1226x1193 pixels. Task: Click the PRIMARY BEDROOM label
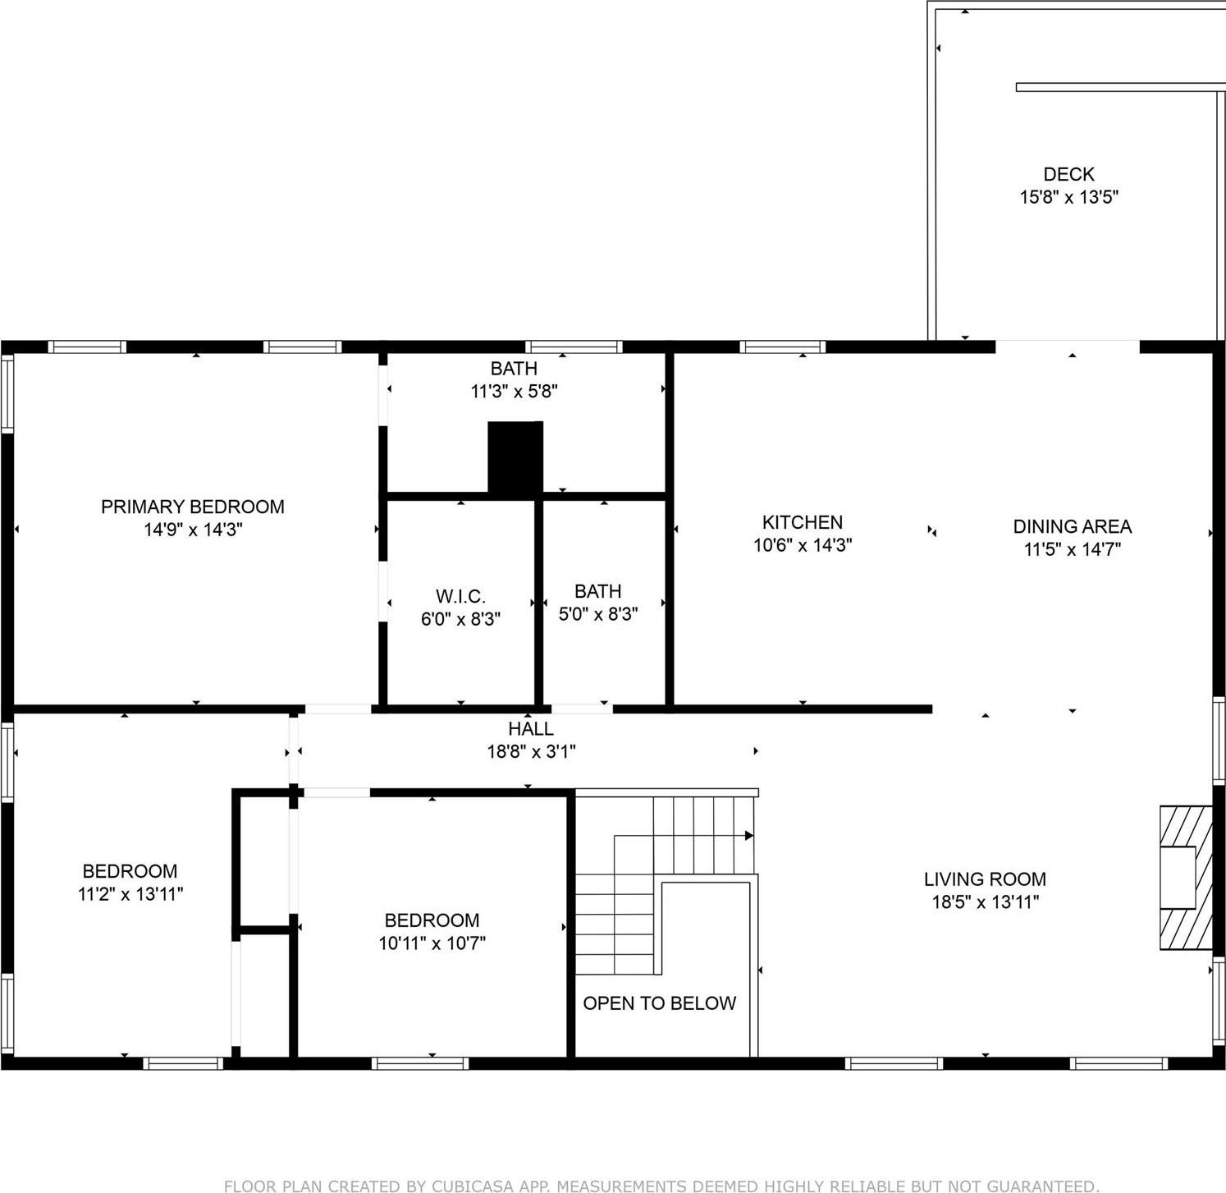192,507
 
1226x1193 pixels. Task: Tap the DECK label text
1068,174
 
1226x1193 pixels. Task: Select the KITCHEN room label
802,522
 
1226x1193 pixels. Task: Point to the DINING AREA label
1072,526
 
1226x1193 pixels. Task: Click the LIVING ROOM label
985,879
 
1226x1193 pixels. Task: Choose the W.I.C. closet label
460,596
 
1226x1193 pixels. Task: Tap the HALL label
530,728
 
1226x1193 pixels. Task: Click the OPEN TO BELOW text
659,1003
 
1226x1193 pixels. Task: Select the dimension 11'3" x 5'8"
514,392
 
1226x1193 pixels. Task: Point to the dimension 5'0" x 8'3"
597,614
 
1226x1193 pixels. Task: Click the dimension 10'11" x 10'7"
432,943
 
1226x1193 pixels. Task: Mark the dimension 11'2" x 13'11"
130,894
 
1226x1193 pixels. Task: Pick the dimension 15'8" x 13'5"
1068,197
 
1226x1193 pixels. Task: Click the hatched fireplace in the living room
1185,878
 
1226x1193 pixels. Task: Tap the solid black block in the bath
515,457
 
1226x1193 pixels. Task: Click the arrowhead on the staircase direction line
748,836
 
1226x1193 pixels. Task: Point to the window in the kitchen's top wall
782,346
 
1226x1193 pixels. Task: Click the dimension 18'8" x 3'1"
530,751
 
